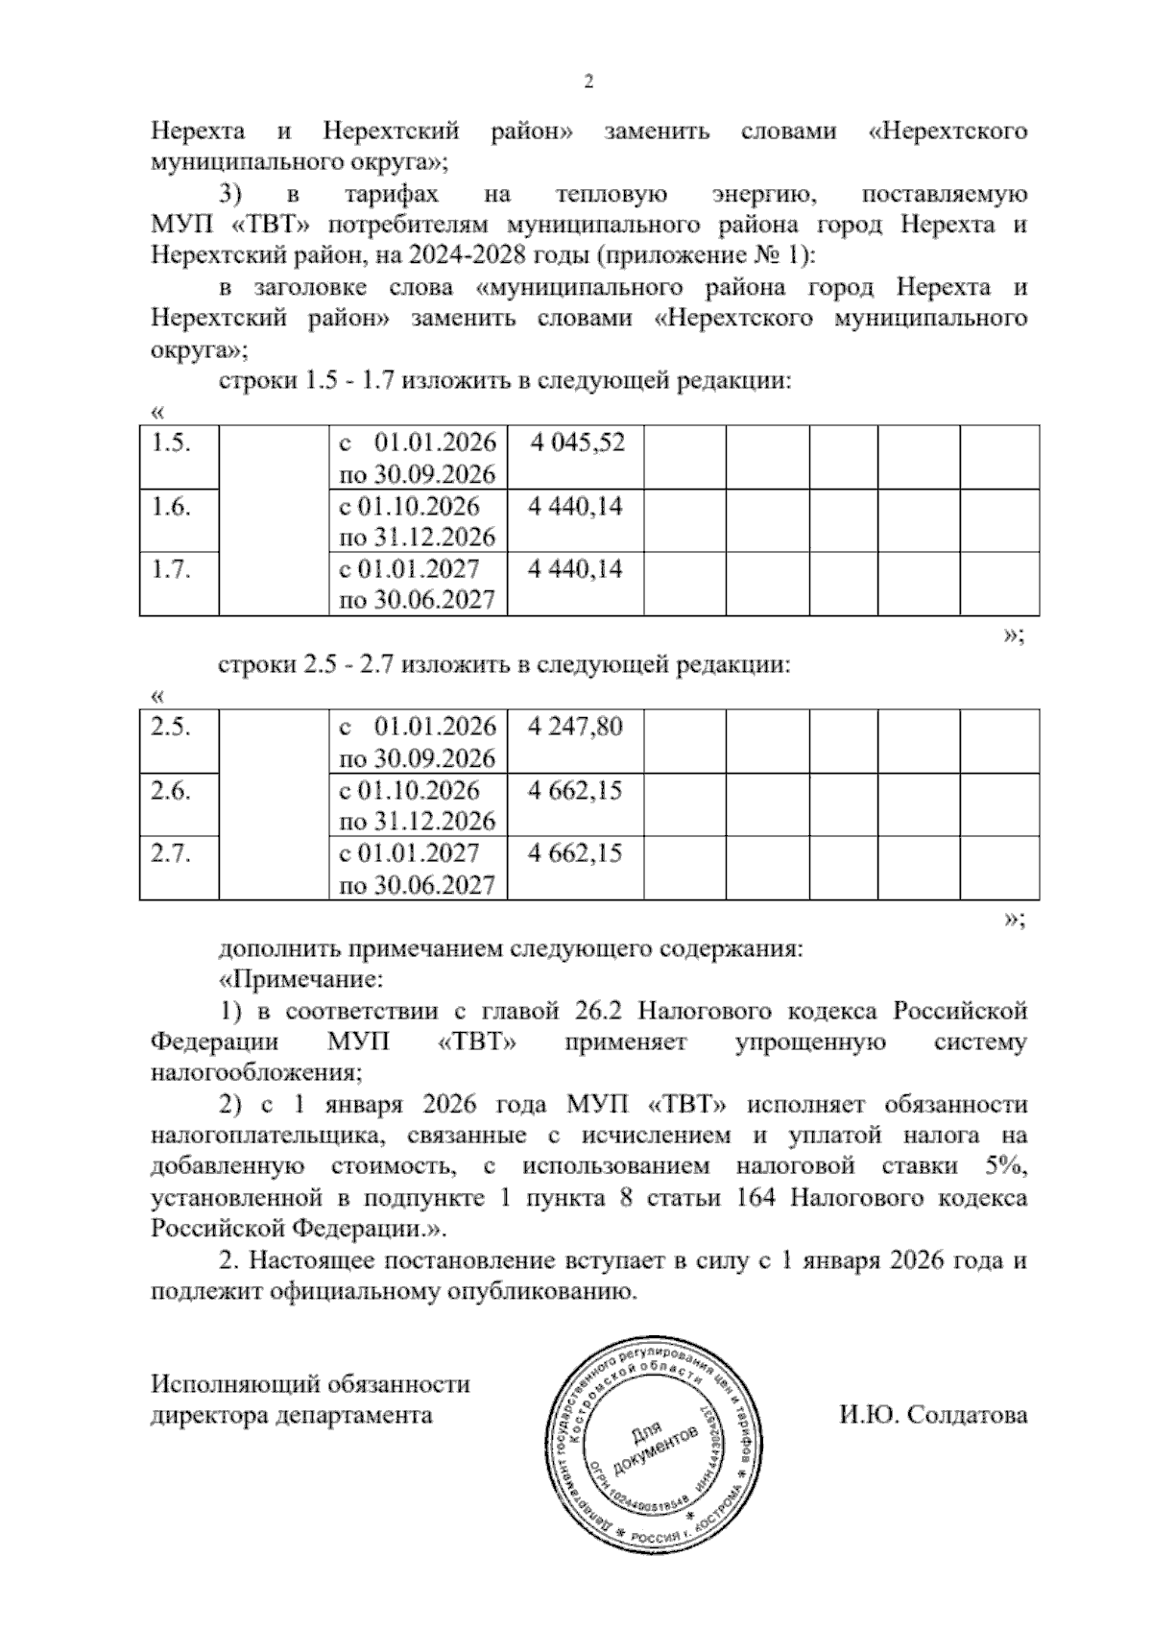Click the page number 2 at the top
point(589,82)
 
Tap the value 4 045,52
point(576,443)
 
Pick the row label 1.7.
point(171,569)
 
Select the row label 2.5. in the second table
point(171,727)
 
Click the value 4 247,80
point(576,727)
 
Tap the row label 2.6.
point(171,790)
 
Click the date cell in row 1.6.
point(418,521)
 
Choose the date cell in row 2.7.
point(418,869)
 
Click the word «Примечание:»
point(301,980)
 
